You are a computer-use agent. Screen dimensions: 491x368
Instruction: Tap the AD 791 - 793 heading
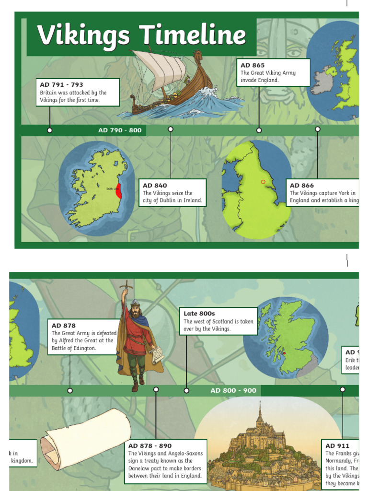[61, 85]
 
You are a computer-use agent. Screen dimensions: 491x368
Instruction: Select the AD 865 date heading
[253, 65]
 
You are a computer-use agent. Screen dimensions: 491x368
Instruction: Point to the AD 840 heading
[155, 186]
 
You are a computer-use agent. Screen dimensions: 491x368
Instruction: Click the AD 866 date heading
[302, 186]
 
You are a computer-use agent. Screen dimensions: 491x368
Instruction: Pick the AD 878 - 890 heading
[149, 446]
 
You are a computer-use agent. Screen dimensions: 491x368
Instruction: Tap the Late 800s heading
[199, 314]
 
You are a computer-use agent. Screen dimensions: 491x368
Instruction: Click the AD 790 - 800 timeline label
[120, 130]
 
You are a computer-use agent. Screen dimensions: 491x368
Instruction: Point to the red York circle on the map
[263, 182]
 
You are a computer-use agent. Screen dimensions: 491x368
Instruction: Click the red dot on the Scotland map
[284, 353]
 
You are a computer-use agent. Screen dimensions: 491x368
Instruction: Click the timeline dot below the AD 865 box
[259, 130]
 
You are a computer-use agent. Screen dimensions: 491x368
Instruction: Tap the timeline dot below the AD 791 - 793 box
[50, 130]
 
